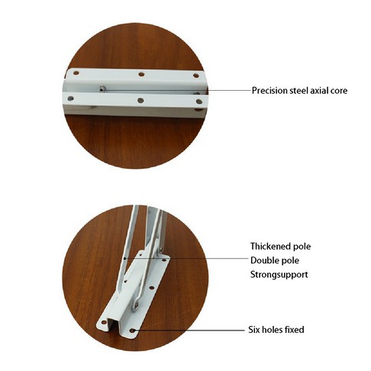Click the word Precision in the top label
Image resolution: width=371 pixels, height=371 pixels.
(x=269, y=91)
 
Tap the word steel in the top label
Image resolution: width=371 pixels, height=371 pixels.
(x=298, y=91)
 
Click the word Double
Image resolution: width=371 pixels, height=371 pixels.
(x=263, y=260)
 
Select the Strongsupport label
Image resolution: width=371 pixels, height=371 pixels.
(x=279, y=275)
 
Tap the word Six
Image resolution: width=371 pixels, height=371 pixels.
(x=254, y=330)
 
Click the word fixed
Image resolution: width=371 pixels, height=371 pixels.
(x=294, y=330)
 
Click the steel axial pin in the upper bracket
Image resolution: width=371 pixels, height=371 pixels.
(x=102, y=89)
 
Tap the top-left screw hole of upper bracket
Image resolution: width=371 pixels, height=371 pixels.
(x=76, y=73)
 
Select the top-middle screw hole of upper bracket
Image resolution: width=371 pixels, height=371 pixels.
(x=141, y=75)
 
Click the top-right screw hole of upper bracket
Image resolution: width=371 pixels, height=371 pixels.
(x=196, y=76)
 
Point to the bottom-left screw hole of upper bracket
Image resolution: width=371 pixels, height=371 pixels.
(x=70, y=98)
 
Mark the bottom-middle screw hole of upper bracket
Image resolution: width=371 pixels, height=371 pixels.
(x=140, y=100)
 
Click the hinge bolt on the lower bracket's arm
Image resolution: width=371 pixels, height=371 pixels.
(x=137, y=305)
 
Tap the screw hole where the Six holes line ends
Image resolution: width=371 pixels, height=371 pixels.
(x=132, y=331)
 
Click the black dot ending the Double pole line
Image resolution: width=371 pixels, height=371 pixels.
(x=125, y=259)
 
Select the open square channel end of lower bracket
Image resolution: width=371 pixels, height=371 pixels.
(x=112, y=324)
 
